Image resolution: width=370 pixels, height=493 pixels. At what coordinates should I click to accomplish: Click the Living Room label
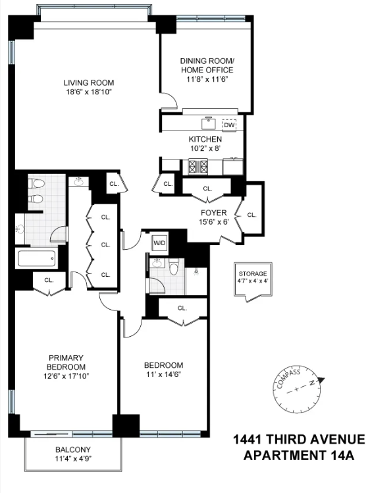pos(89,82)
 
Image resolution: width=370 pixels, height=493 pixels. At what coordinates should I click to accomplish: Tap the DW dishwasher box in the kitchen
pos(229,125)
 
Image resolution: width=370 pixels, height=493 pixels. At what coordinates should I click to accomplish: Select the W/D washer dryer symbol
pos(160,243)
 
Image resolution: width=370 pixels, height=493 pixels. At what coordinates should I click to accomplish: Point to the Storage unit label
pos(253,274)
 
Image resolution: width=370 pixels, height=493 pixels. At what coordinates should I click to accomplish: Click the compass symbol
pos(298,389)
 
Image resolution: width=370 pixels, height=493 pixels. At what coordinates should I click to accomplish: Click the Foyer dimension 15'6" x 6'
pos(213,223)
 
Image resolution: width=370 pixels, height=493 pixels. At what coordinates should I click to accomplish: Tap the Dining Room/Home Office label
pos(207,65)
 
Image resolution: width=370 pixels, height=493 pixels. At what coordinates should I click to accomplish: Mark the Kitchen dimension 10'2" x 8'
pos(205,149)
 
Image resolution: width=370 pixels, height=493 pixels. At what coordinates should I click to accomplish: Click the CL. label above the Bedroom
pos(182,308)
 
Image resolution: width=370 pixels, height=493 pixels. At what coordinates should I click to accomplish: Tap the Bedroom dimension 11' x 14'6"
pos(163,374)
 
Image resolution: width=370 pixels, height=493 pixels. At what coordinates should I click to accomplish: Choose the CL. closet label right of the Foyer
pos(251,214)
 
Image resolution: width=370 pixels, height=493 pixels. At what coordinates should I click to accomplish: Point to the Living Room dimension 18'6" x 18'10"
pos(89,92)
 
